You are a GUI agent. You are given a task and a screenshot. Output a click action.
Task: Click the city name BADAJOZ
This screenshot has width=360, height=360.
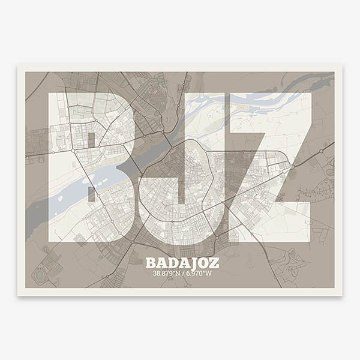(x=182, y=263)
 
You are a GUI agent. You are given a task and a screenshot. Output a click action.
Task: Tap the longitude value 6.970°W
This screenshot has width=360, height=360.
(x=199, y=274)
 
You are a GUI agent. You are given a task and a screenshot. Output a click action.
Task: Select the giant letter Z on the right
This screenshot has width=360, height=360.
(x=270, y=168)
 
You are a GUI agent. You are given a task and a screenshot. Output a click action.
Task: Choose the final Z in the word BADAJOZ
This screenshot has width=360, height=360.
(x=214, y=263)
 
